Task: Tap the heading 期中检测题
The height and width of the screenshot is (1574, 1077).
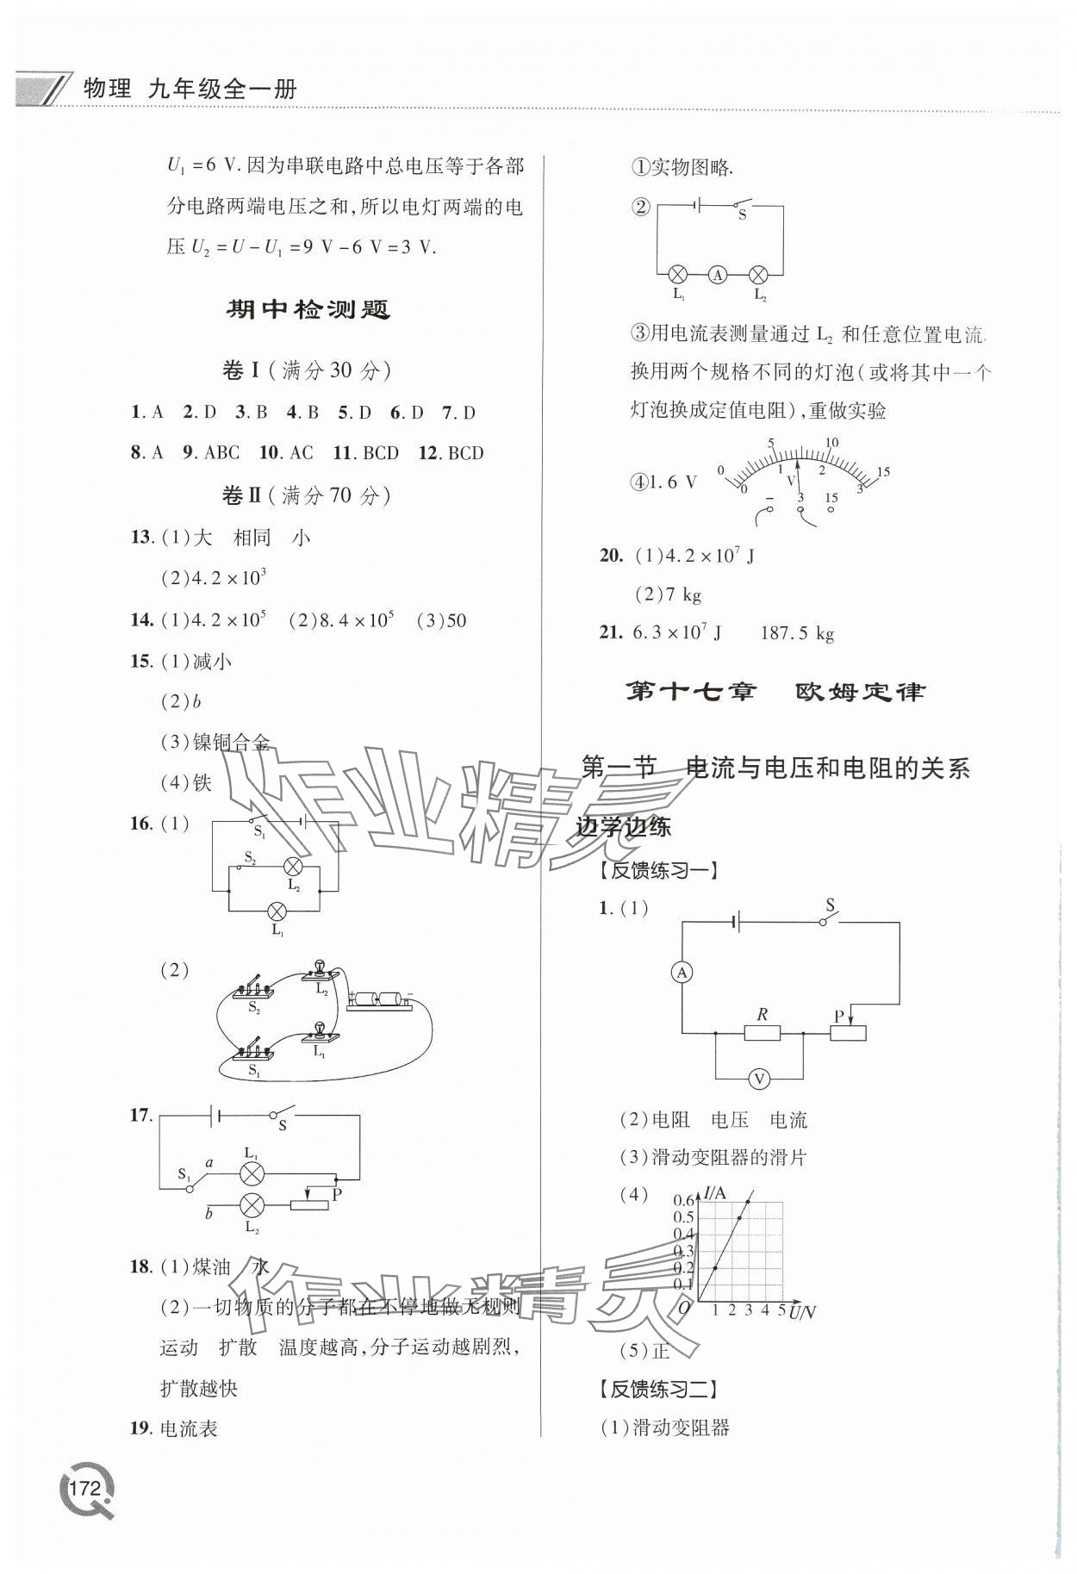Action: tap(308, 310)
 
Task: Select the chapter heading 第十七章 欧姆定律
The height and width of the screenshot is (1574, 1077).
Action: tap(774, 692)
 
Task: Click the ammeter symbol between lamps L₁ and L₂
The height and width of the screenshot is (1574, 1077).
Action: tap(718, 275)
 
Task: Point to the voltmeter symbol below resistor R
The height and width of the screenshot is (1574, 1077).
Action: tap(759, 1078)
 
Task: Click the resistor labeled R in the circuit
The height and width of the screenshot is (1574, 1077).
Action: tap(762, 1032)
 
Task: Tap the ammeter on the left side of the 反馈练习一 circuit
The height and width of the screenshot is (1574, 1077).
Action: tap(682, 973)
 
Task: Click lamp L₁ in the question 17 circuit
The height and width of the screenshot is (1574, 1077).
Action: tap(252, 1172)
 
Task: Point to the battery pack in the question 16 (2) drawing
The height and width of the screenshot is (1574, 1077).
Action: tap(380, 1000)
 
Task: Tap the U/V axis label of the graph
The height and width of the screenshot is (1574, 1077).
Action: tap(802, 1312)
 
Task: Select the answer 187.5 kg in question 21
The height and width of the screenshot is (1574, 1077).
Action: tap(797, 634)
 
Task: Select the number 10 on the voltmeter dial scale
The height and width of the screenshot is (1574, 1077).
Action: tap(831, 443)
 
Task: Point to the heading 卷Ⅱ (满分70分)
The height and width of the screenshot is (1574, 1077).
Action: tap(306, 495)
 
